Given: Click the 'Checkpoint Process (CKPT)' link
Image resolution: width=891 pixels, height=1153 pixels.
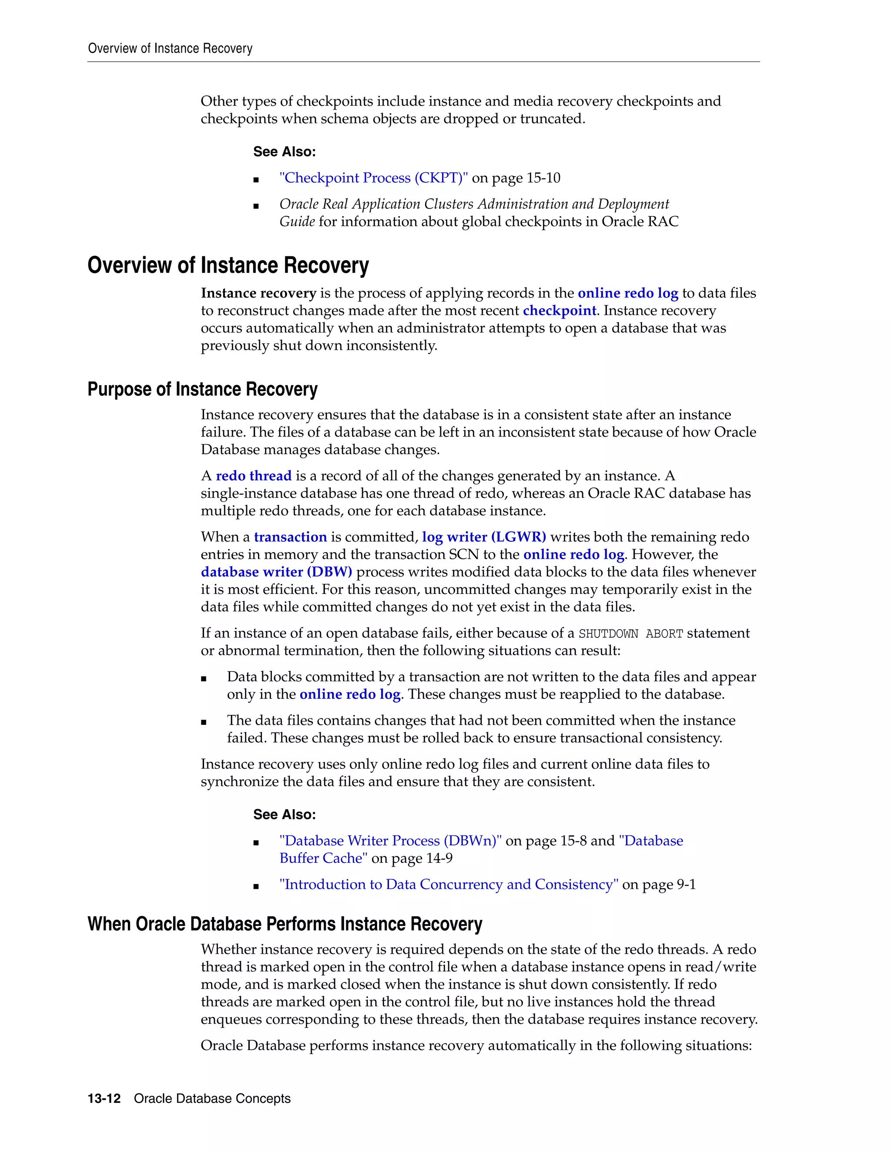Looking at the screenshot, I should pyautogui.click(x=373, y=178).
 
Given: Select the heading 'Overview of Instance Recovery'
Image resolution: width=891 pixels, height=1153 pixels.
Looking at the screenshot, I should pyautogui.click(x=228, y=265).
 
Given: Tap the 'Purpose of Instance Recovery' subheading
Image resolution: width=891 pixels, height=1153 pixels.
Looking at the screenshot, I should pyautogui.click(x=202, y=389).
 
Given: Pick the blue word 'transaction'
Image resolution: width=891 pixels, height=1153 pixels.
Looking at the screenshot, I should pyautogui.click(x=290, y=537).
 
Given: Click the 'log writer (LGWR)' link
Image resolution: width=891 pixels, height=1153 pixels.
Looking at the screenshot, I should pyautogui.click(x=483, y=537).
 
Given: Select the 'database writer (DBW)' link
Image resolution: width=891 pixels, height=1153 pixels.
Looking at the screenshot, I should pyautogui.click(x=276, y=572).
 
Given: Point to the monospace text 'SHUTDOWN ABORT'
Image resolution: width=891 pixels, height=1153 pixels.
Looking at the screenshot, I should pyautogui.click(x=631, y=633).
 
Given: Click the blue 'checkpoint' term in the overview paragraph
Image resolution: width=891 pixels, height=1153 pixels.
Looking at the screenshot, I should pyautogui.click(x=559, y=310).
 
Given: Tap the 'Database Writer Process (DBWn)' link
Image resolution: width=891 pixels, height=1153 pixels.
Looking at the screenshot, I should pyautogui.click(x=391, y=841).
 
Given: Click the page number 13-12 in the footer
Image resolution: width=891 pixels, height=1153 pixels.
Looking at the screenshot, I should pyautogui.click(x=104, y=1099).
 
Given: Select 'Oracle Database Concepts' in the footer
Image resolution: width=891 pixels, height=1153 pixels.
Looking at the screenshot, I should pyautogui.click(x=212, y=1099).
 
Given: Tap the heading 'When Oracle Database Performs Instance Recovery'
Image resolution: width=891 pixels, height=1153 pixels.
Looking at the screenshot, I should pyautogui.click(x=285, y=924).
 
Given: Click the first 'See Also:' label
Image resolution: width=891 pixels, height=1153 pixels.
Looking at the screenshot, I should pyautogui.click(x=285, y=151).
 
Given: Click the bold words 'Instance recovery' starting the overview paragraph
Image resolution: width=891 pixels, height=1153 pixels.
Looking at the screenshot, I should pyautogui.click(x=258, y=293).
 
